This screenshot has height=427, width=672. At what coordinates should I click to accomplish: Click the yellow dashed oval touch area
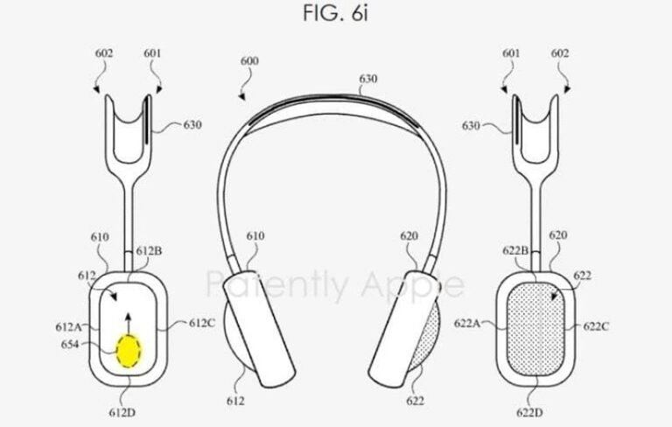tap(129, 351)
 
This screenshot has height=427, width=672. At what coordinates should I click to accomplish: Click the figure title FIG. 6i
tap(336, 13)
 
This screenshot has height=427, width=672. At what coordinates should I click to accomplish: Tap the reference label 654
tap(70, 344)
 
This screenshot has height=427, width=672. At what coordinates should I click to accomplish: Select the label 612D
tap(122, 412)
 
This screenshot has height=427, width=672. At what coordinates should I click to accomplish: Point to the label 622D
tap(529, 412)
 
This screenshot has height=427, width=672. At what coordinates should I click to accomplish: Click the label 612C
tap(202, 323)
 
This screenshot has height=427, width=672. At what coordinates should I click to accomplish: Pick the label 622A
tap(467, 323)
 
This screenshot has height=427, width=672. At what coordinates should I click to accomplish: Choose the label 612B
tap(149, 251)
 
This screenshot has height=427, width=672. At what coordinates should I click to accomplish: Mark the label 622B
tap(515, 250)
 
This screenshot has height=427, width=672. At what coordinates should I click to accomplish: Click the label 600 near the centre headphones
tap(249, 61)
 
